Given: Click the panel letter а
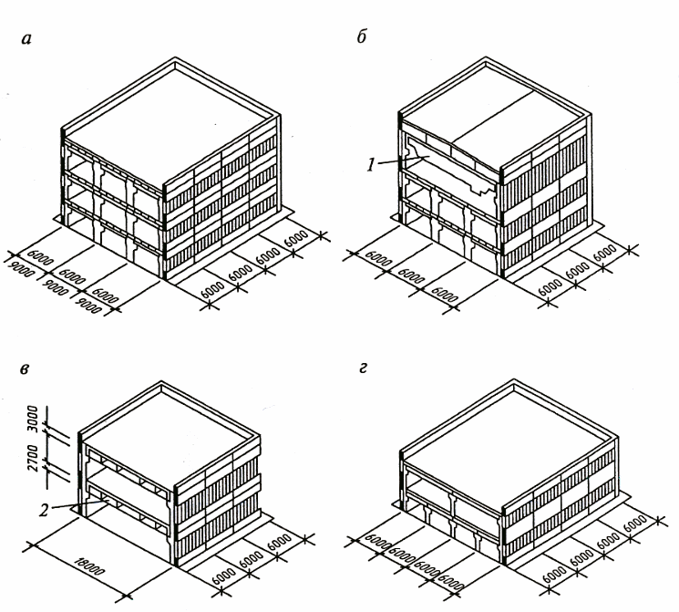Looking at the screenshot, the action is [x=26, y=39].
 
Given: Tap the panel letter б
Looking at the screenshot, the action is [x=361, y=36].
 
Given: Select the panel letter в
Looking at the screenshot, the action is [x=25, y=369].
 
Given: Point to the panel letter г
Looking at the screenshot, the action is [x=363, y=368].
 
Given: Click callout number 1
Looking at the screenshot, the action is [x=371, y=165].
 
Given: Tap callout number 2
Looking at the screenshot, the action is [x=44, y=510].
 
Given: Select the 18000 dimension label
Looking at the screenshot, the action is [x=88, y=565].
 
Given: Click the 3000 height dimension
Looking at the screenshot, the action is [x=33, y=419].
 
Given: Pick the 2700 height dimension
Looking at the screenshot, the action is [x=33, y=458].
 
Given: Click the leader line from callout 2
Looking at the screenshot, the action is [x=78, y=504].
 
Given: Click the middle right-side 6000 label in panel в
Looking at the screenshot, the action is [x=252, y=557].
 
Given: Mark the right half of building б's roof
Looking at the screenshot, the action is [x=520, y=130].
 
